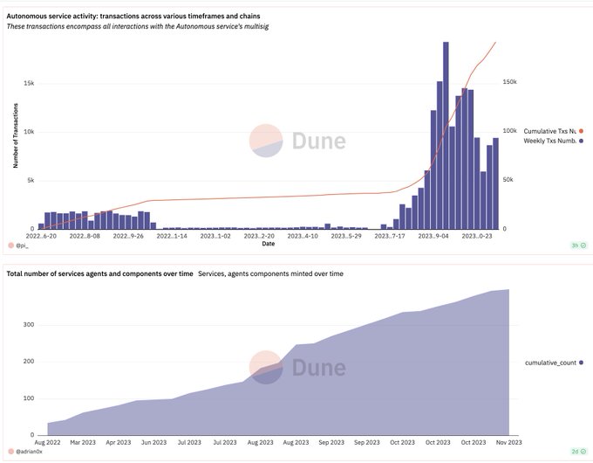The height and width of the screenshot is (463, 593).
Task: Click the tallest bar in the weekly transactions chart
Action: pyautogui.click(x=446, y=135)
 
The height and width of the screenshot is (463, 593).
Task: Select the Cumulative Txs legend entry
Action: pyautogui.click(x=553, y=131)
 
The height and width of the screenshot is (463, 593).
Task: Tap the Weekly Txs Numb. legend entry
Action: pyautogui.click(x=553, y=141)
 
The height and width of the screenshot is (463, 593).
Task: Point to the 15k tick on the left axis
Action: pyautogui.click(x=29, y=83)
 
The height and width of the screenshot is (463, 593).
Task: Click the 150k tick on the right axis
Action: pyautogui.click(x=509, y=82)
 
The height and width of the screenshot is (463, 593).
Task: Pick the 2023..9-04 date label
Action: pyautogui.click(x=433, y=236)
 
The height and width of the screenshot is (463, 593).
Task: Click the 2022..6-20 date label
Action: pyautogui.click(x=41, y=236)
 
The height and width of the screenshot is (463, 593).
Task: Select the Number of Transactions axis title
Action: pyautogui.click(x=16, y=135)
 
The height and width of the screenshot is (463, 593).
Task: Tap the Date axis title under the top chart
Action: pyautogui.click(x=268, y=244)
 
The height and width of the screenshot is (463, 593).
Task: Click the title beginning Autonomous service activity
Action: pyautogui.click(x=133, y=17)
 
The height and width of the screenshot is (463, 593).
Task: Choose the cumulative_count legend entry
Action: pyautogui.click(x=554, y=363)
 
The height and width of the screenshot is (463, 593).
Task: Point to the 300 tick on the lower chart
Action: pyautogui.click(x=29, y=325)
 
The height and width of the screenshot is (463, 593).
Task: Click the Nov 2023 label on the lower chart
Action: pyautogui.click(x=508, y=443)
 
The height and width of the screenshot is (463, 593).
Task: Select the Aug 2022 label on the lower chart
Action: pyautogui.click(x=47, y=443)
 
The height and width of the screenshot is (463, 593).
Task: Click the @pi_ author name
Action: pyautogui.click(x=18, y=245)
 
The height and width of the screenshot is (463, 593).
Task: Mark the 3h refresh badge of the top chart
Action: pyautogui.click(x=579, y=245)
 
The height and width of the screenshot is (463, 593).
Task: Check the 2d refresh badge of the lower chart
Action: pyautogui.click(x=579, y=452)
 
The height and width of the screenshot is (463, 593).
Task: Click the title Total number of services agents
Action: pyautogui.click(x=99, y=273)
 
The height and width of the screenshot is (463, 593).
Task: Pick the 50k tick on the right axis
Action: pyautogui.click(x=508, y=180)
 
